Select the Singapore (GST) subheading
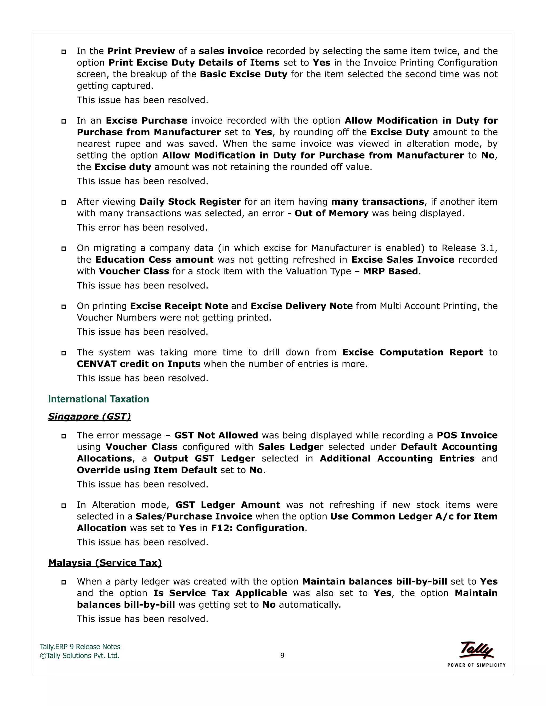90,416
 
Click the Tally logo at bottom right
476,650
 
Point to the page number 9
282,656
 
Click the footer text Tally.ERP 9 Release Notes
80,647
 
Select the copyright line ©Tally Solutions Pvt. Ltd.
79,656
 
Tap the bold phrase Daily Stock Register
190,202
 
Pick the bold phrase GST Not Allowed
216,435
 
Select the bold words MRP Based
390,271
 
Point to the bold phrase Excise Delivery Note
302,306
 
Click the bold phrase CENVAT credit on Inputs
138,364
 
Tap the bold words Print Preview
141,51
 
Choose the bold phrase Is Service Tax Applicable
220,593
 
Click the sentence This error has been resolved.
142,228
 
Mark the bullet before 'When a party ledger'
64,582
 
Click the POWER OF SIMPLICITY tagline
476,665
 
